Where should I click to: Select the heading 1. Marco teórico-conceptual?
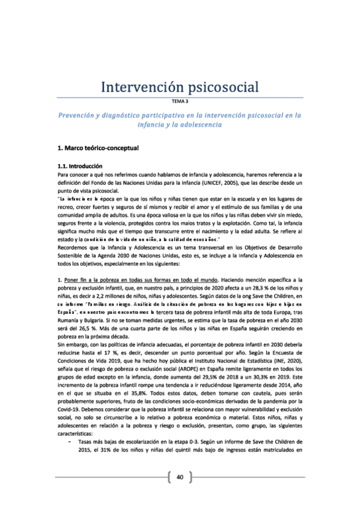97,147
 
